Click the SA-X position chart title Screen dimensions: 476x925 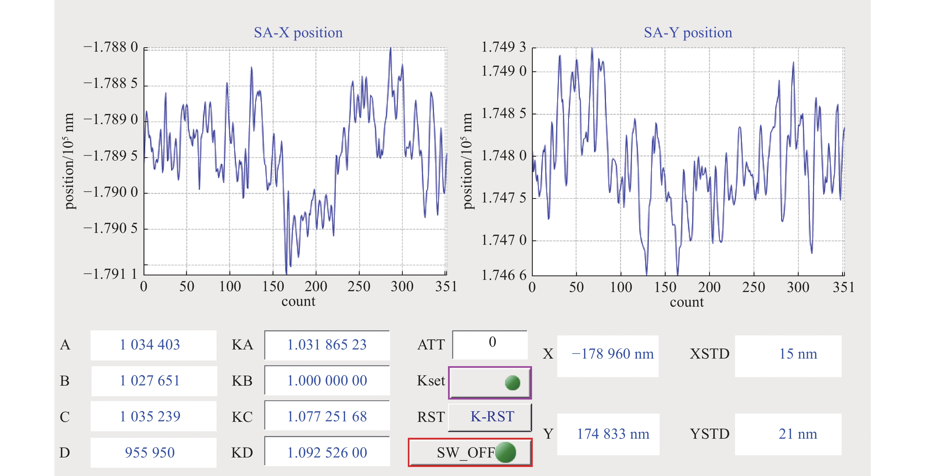click(x=298, y=33)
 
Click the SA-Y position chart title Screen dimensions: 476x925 click(x=688, y=33)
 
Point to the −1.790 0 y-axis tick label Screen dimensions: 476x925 click(x=111, y=192)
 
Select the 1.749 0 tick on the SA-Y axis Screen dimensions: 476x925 click(x=503, y=71)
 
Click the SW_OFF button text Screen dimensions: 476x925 click(x=466, y=453)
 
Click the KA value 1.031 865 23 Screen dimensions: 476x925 click(x=327, y=344)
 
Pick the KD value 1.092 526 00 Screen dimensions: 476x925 click(x=327, y=453)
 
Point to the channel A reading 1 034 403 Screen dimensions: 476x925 click(x=150, y=344)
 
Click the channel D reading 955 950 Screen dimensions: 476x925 click(x=150, y=453)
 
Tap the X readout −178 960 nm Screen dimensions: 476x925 click(x=612, y=354)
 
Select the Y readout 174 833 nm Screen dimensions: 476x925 click(x=613, y=434)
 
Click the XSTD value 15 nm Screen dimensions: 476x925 click(x=798, y=354)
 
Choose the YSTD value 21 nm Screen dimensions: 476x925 click(x=798, y=434)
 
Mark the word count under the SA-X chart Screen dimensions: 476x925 click(x=298, y=301)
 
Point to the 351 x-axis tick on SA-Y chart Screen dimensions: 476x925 click(x=843, y=287)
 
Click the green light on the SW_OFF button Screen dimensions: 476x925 click(x=506, y=452)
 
